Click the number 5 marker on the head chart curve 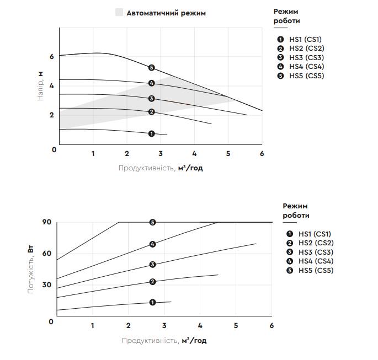coord(151,68)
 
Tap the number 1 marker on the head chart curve coord(151,133)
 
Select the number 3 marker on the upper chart coord(151,99)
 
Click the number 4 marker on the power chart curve coord(153,244)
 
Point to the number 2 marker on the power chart coord(153,282)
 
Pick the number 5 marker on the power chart coord(153,222)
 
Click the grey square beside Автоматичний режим coord(119,13)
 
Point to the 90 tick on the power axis coord(46,222)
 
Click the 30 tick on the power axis coord(46,285)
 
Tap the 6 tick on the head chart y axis coord(51,56)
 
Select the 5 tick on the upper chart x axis coord(228,154)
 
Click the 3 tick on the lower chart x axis coord(164,326)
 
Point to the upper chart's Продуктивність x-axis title coord(161,168)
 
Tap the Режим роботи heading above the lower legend coord(296,210)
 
